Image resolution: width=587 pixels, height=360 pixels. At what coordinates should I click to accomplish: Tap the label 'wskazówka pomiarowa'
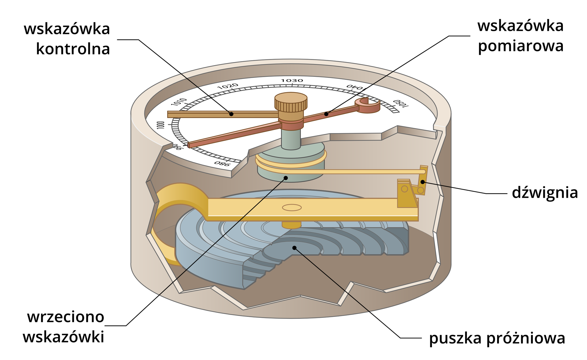pos(520,36)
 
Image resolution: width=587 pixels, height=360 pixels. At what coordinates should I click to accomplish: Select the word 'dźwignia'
pos(545,193)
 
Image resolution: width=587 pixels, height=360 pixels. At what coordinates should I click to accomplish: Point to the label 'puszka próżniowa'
pos(497,338)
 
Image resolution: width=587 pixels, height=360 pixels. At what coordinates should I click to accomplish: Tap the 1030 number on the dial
pos(292,80)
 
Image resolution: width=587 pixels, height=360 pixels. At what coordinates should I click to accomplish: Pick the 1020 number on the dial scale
pos(228,86)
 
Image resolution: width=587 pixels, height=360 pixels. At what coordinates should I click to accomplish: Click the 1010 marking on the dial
pos(179,102)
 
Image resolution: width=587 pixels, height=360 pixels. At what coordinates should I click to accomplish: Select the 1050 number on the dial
pos(401,104)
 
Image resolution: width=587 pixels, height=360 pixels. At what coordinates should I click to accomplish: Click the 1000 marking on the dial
pos(161,125)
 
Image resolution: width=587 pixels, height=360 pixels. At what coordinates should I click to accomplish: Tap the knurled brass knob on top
pos(291,102)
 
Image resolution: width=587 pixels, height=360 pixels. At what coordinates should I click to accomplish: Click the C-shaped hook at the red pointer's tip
pos(368,105)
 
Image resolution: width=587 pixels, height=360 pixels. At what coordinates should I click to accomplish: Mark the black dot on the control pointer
pos(231,114)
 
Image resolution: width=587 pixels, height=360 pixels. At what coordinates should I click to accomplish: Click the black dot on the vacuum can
pos(294,248)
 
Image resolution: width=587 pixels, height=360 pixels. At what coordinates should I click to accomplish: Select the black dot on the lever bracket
pos(423,182)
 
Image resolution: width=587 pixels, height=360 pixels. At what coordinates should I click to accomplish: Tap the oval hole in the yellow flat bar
pos(292,208)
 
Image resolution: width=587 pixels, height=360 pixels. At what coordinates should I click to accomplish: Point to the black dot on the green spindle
pos(286,178)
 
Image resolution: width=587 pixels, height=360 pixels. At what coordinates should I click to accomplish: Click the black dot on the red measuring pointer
pos(327,114)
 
